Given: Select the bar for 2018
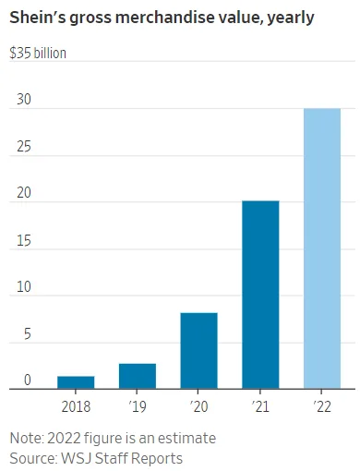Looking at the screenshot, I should pos(76,382).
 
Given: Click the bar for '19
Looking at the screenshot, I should pos(138,376).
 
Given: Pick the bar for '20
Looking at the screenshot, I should pos(198,351).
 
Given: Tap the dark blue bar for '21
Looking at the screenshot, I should pos(260,295).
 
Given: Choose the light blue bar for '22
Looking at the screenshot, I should pos(322,248).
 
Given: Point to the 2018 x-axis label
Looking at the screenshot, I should pos(76,405).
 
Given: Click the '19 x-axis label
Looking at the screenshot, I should pos(138,405).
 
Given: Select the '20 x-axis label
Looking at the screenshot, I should pos(198,405).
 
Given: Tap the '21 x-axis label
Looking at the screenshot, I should pos(260,405).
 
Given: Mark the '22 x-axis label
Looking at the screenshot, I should pos(322,405).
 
